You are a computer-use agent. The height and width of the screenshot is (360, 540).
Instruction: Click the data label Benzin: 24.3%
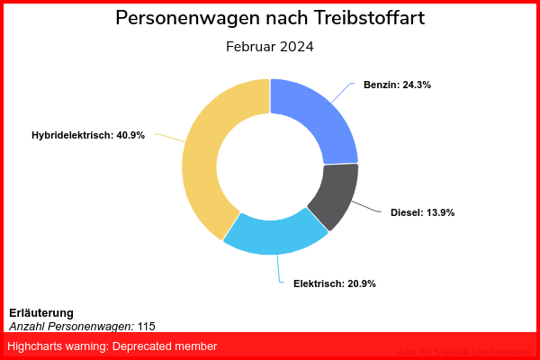[x=397, y=85]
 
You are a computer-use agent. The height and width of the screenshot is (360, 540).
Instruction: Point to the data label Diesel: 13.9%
[x=422, y=212]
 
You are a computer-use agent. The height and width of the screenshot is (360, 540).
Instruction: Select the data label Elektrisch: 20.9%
[x=334, y=283]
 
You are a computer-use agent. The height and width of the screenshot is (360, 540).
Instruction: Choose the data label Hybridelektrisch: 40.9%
[x=88, y=135]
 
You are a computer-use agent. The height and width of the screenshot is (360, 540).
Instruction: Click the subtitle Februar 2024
[x=270, y=47]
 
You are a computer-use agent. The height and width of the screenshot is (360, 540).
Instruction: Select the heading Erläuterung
[x=40, y=312]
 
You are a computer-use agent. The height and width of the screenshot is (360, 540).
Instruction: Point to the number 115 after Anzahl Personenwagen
[x=147, y=326]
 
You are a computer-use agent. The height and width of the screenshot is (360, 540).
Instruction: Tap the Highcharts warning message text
[x=112, y=346]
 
